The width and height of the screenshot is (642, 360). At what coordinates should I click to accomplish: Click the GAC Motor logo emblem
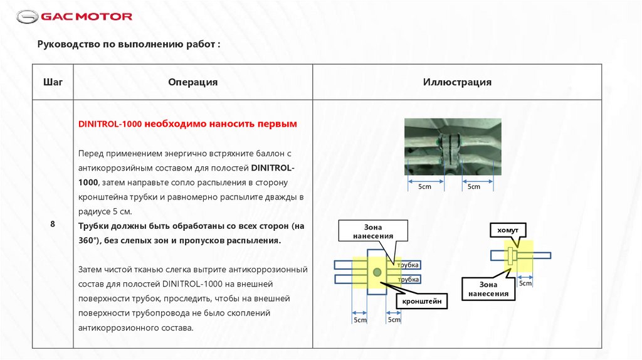point(27,16)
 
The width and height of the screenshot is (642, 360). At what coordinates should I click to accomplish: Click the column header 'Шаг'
point(53,82)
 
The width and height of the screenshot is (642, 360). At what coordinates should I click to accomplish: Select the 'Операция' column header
point(192,82)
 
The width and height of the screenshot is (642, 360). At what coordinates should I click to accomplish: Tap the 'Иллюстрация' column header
point(456,82)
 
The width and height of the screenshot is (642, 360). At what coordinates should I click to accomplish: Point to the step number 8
point(53,224)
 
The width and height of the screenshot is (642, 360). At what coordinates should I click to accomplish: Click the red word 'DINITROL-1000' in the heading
point(110,124)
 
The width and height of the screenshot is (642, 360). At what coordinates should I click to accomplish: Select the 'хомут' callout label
point(508,231)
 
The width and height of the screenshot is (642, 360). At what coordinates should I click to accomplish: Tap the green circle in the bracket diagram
point(377,272)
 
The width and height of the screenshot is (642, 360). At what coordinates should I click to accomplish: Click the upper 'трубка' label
point(408,265)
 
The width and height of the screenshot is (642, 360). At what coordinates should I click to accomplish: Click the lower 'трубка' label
point(408,279)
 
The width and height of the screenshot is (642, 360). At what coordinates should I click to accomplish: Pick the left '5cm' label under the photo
point(424,186)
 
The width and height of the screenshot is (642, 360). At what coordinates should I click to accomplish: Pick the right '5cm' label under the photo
point(473,186)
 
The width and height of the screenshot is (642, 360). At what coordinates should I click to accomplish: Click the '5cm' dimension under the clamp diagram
point(525,283)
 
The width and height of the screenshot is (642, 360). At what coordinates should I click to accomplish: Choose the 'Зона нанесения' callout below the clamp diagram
point(488,289)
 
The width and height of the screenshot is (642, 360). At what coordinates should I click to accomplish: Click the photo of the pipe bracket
point(452,147)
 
